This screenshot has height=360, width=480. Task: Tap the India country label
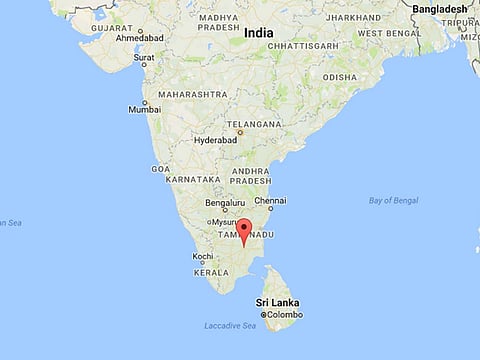click(x=258, y=33)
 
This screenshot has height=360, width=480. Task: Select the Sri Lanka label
click(x=277, y=302)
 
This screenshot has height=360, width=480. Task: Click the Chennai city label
click(x=270, y=201)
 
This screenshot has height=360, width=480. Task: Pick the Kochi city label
click(x=202, y=256)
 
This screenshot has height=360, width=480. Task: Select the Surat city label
click(x=145, y=57)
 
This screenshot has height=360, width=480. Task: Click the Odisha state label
click(x=339, y=77)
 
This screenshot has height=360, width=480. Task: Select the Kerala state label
click(x=210, y=272)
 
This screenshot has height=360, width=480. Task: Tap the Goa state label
click(x=160, y=169)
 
